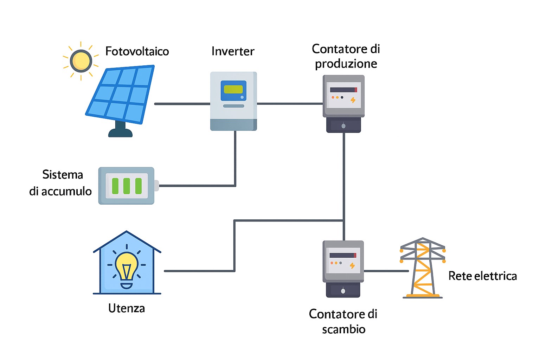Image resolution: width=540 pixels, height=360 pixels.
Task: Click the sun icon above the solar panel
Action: click(81, 61)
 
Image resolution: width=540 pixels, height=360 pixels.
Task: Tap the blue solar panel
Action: click(121, 94)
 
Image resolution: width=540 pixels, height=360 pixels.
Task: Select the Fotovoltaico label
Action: click(137, 51)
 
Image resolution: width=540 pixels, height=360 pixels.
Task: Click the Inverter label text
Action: click(233, 51)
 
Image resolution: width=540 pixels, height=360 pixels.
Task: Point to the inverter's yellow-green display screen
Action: click(233, 89)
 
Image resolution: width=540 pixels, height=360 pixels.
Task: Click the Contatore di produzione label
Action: click(346, 56)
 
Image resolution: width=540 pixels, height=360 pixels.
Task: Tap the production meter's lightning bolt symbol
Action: click(353, 100)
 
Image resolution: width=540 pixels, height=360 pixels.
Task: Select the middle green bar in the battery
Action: click(127, 186)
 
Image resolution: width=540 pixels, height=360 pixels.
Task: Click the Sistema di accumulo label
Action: click(60, 183)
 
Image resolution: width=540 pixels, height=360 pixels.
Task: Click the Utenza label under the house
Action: click(127, 308)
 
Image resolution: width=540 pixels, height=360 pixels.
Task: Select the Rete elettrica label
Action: click(482, 276)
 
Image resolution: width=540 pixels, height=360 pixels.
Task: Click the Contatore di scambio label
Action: click(343, 321)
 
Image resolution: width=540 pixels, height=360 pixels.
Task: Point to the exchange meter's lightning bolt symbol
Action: click(352, 266)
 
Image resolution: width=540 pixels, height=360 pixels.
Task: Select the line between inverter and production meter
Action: click(290, 104)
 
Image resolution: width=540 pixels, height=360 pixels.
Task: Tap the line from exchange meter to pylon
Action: click(386, 271)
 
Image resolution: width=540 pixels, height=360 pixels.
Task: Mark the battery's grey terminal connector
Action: click(156, 186)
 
